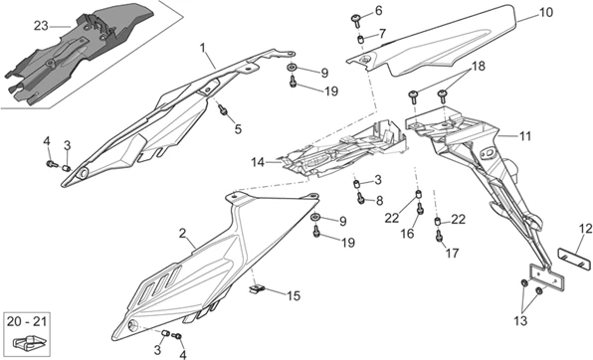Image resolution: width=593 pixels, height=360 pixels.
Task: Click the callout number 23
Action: tap(41, 26)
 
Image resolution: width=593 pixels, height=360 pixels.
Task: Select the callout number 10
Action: tap(545, 12)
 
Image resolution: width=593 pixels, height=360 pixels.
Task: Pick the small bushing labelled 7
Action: tap(361, 39)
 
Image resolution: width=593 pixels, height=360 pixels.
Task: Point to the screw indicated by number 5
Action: tap(223, 110)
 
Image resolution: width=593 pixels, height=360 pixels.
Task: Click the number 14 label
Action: tap(258, 163)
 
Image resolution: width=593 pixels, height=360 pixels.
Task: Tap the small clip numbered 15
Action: tap(257, 289)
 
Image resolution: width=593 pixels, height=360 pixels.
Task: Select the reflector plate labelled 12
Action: tap(575, 258)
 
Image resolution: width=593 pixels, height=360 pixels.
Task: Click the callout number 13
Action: tap(520, 321)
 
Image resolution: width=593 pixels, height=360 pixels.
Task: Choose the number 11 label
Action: tap(524, 136)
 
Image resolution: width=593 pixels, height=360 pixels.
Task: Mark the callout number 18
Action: tap(478, 66)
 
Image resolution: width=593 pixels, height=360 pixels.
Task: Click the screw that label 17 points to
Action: tap(440, 236)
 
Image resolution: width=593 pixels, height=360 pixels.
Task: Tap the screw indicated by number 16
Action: tap(420, 208)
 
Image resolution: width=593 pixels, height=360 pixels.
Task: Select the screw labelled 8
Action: tap(361, 197)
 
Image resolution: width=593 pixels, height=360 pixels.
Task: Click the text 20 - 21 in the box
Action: tap(27, 321)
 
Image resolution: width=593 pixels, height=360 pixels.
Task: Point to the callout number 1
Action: tap(203, 48)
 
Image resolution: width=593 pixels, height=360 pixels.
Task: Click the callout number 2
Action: tap(183, 234)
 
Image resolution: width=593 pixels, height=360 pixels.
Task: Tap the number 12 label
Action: tap(585, 229)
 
